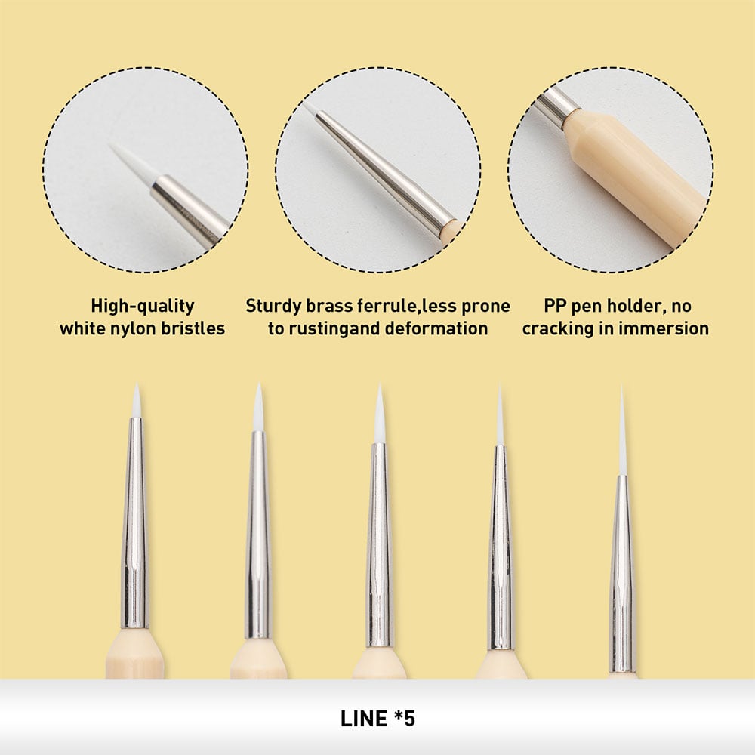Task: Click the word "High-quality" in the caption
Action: click(143, 307)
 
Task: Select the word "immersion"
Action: click(664, 329)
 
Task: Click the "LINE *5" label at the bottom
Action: click(377, 718)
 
